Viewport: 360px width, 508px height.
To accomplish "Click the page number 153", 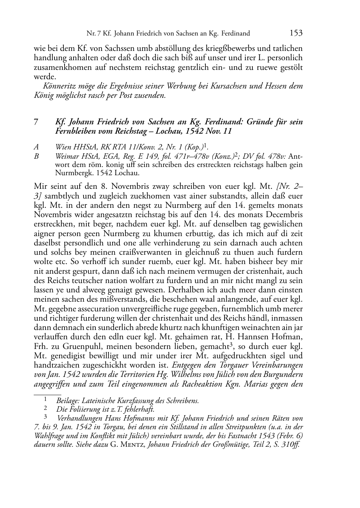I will click(296, 33).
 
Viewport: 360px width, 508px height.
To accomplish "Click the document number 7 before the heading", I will click(36, 122).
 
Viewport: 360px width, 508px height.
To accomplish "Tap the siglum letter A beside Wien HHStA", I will click(36, 147).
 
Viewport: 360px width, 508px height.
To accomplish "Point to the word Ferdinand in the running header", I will click(236, 34).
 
